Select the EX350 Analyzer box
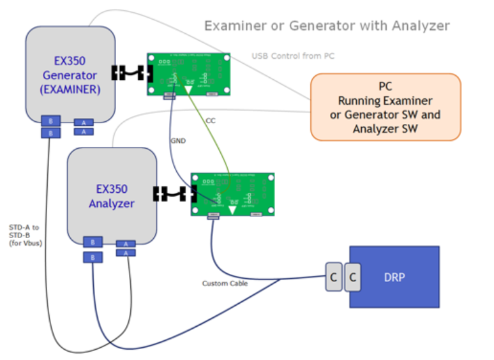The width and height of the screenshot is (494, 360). [112, 195]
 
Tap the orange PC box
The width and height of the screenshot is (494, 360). [385, 107]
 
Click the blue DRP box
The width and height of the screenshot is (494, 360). [394, 276]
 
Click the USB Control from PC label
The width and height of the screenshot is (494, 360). [293, 56]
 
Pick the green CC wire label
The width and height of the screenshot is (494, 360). [211, 121]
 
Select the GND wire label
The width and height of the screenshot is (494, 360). [178, 140]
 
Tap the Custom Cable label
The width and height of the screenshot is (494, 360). [224, 283]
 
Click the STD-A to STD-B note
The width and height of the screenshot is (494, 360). [24, 235]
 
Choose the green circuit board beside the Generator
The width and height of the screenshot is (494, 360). [188, 74]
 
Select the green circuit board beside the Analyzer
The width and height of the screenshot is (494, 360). [232, 193]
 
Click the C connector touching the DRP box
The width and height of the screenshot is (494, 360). [353, 277]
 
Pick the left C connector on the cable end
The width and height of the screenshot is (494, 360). [334, 277]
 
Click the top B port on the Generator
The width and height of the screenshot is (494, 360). [50, 121]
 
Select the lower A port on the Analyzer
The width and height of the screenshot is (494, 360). [126, 253]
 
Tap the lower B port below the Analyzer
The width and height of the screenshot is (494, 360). [93, 257]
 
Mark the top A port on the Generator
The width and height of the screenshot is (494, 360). [84, 122]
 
